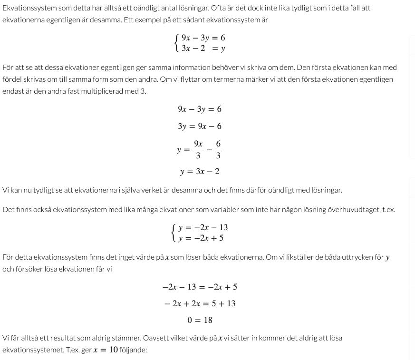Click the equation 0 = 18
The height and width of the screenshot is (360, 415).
pyautogui.click(x=200, y=320)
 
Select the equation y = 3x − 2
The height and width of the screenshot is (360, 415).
pyautogui.click(x=200, y=171)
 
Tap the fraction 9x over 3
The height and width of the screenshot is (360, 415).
pyautogui.click(x=198, y=149)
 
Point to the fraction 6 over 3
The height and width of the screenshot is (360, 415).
pyautogui.click(x=218, y=149)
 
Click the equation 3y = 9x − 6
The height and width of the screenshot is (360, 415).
pyautogui.click(x=200, y=126)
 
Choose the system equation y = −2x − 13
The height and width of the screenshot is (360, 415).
pyautogui.click(x=203, y=227)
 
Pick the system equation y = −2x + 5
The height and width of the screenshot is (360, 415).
pyautogui.click(x=201, y=238)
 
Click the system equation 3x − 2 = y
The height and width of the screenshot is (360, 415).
pyautogui.click(x=203, y=48)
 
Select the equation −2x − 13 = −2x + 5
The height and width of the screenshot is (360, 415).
pyautogui.click(x=200, y=287)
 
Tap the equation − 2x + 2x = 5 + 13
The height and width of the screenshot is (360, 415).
pyautogui.click(x=200, y=303)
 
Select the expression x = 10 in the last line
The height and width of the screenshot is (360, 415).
pyautogui.click(x=106, y=350)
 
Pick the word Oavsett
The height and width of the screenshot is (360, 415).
pyautogui.click(x=157, y=338)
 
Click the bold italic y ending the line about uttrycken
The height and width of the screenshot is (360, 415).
pyautogui.click(x=387, y=257)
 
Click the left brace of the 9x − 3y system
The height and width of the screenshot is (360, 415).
pyautogui.click(x=177, y=43)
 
